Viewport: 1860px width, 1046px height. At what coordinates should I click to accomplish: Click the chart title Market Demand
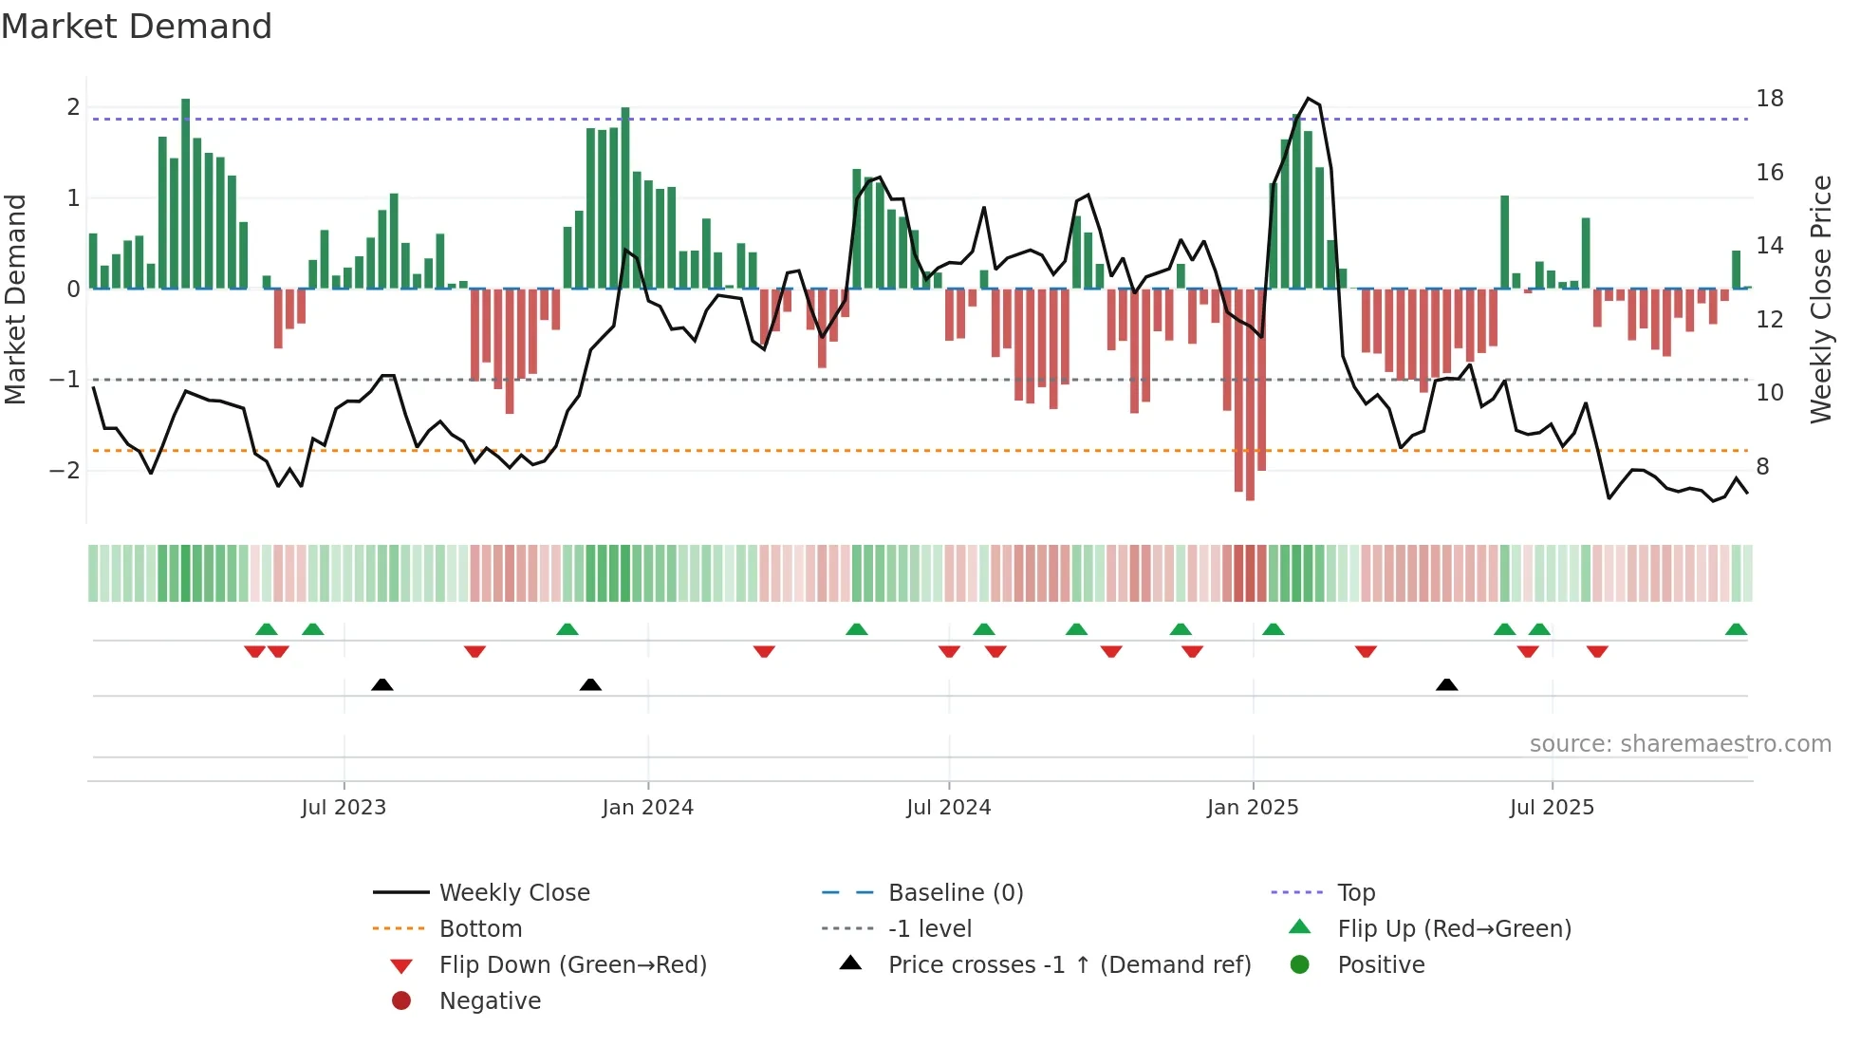click(137, 27)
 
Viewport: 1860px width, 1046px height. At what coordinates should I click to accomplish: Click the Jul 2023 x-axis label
click(344, 808)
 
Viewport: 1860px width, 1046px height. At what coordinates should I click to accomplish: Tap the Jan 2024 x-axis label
click(647, 808)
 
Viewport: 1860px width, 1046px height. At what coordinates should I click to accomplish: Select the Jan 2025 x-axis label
click(1252, 808)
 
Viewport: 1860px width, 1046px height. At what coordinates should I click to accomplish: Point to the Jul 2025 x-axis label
click(1552, 808)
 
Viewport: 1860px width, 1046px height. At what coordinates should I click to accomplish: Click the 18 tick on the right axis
click(1769, 99)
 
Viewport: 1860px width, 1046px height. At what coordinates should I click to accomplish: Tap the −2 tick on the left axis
click(65, 471)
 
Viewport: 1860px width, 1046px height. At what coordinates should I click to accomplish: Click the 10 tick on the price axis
click(1769, 393)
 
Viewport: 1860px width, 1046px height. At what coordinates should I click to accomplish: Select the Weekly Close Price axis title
click(1820, 299)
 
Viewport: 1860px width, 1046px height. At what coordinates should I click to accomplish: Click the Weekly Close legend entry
click(513, 893)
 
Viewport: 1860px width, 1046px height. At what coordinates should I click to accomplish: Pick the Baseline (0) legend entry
click(955, 893)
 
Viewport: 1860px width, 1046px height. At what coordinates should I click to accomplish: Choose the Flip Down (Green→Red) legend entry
click(572, 965)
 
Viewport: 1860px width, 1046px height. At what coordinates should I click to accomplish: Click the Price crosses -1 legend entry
click(1069, 965)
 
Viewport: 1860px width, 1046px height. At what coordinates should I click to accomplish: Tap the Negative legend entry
click(490, 1001)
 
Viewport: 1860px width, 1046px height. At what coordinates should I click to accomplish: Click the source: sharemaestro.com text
click(1680, 744)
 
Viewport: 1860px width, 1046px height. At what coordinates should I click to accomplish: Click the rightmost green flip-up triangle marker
click(1736, 629)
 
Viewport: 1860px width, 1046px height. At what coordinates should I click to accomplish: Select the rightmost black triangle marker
click(1446, 684)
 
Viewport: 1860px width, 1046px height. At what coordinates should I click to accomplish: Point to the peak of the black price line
click(1308, 99)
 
